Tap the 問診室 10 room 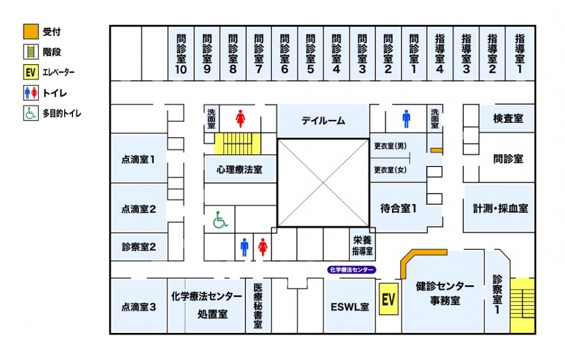click(x=181, y=54)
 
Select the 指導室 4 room click(x=440, y=54)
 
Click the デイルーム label click(x=323, y=121)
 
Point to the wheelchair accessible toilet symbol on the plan click(x=220, y=221)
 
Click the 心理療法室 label click(x=239, y=169)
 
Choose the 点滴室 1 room click(x=139, y=159)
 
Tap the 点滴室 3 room click(x=139, y=306)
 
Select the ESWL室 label click(x=350, y=306)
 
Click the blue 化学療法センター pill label click(x=351, y=270)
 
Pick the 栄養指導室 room click(x=363, y=245)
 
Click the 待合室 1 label click(x=398, y=208)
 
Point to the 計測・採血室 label click(x=500, y=208)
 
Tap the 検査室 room click(x=508, y=119)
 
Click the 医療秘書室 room click(x=258, y=306)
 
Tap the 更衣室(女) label click(x=390, y=170)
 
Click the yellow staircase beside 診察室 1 click(x=522, y=305)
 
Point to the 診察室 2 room click(x=139, y=247)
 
